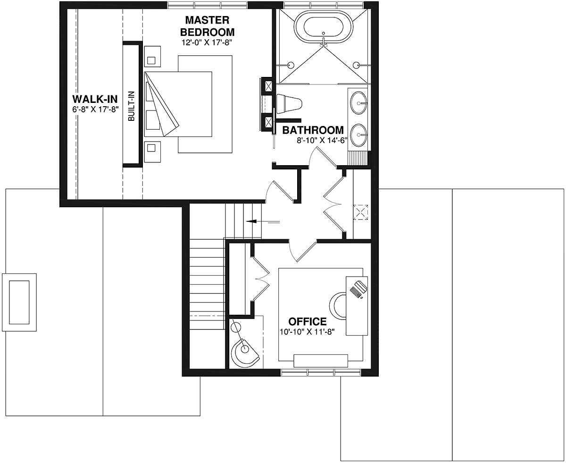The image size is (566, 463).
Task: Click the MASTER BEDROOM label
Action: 207,26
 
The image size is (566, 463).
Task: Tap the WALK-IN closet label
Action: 95,100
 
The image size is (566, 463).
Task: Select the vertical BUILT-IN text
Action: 131,106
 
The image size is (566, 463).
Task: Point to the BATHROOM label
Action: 313,130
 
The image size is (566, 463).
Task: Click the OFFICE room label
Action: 307,321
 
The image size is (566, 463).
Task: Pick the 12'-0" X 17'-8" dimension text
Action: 207,42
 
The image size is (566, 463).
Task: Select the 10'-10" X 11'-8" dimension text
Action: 307,332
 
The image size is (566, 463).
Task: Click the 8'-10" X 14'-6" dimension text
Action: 322,141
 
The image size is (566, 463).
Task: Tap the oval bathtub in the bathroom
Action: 324,27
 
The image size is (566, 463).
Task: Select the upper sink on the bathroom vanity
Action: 358,102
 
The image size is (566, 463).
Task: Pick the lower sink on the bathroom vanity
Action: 358,135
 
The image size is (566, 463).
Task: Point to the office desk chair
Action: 338,306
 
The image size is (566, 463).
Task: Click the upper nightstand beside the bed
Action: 152,56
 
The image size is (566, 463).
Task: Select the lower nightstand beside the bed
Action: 152,152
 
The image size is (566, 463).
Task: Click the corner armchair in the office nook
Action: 245,352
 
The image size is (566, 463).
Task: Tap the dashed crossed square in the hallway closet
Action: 360,212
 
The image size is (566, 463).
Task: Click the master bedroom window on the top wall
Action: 207,5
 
